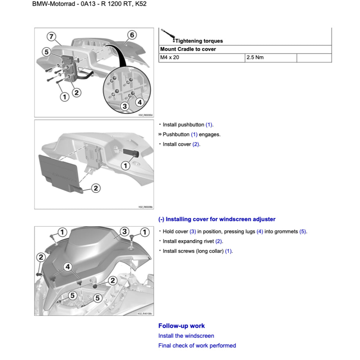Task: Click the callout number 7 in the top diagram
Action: point(51,36)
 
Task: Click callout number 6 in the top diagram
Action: point(132,35)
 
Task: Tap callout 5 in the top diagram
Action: point(46,52)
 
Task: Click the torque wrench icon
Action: point(169,35)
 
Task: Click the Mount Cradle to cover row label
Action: point(188,49)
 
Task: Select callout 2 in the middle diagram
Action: point(96,189)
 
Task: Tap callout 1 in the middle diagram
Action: point(125,166)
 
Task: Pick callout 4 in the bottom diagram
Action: point(68,267)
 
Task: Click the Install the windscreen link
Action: point(186,336)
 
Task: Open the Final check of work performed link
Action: point(197,346)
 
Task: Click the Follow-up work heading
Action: point(182,326)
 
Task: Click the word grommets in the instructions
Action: point(286,232)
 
